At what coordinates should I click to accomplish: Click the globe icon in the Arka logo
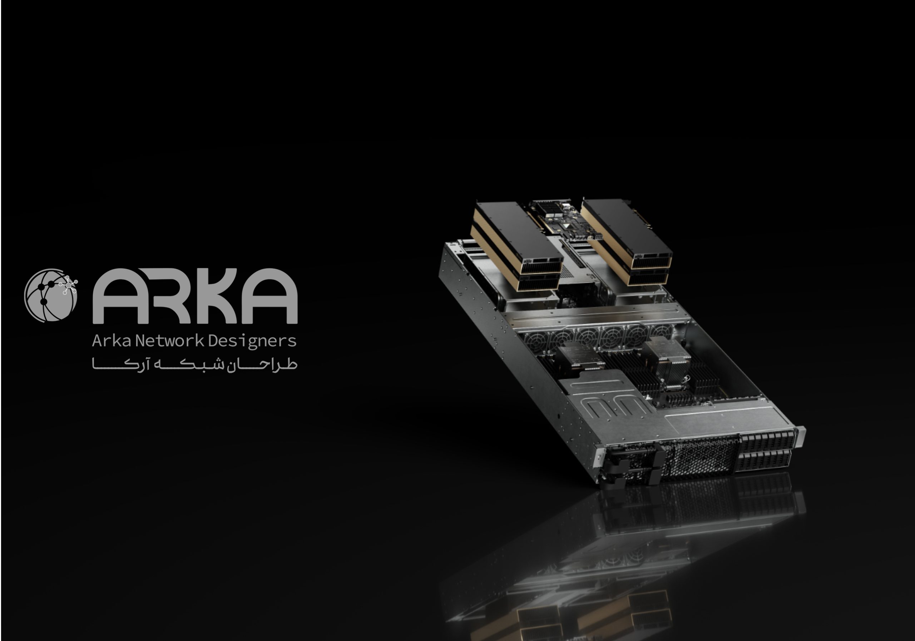coord(51,295)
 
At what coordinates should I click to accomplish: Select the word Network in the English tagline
coord(170,341)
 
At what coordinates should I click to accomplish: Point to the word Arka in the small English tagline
coord(112,341)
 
